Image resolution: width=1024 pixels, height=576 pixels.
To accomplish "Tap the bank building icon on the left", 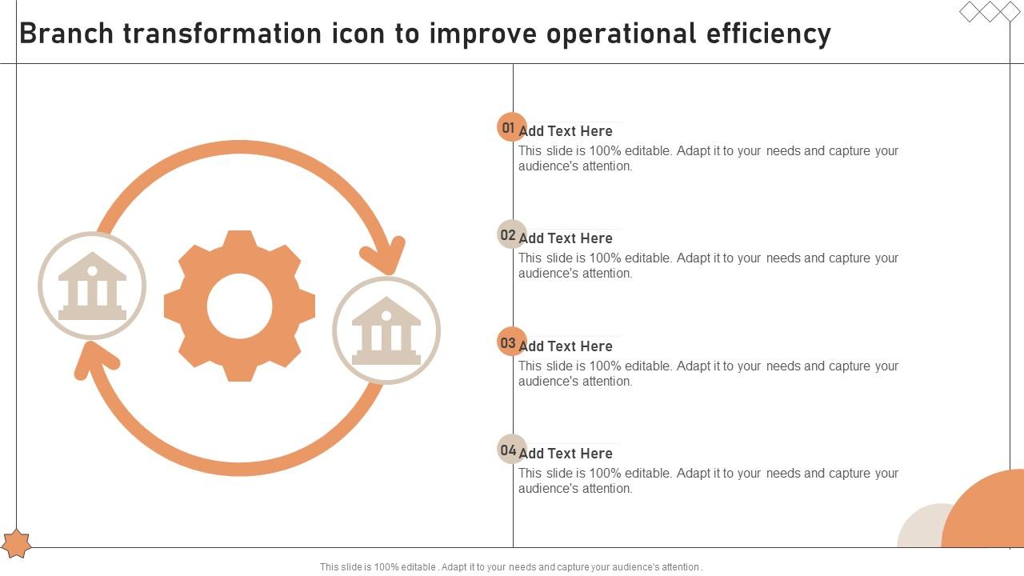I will coord(92,286).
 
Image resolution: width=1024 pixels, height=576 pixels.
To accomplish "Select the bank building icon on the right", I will coord(386,330).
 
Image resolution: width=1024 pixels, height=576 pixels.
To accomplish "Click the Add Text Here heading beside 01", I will coord(566,131).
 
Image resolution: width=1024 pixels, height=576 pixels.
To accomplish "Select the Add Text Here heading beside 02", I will coord(566,238).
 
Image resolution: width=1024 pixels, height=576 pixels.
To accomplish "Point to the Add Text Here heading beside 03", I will coord(566,346).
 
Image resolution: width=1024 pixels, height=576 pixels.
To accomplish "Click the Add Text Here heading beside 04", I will coord(566,454).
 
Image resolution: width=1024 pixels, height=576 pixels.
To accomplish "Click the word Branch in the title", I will coord(66,34).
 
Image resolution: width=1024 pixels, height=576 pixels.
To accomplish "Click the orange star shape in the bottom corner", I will coord(16,544).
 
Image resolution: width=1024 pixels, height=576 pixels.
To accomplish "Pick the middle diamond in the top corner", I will coord(990,11).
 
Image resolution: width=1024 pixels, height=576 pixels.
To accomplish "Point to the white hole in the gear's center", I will coord(239,306).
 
